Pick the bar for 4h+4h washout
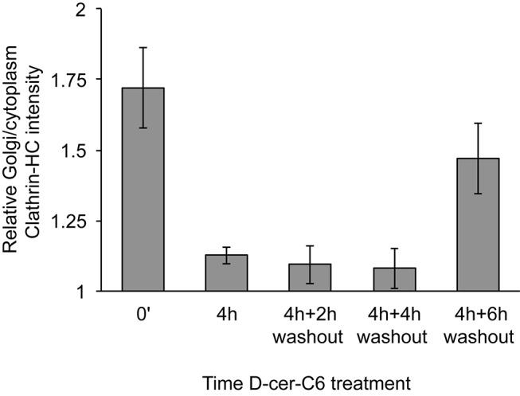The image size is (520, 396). (x=393, y=280)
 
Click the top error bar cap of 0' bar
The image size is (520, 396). (x=143, y=47)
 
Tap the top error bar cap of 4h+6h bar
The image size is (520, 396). (x=477, y=123)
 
